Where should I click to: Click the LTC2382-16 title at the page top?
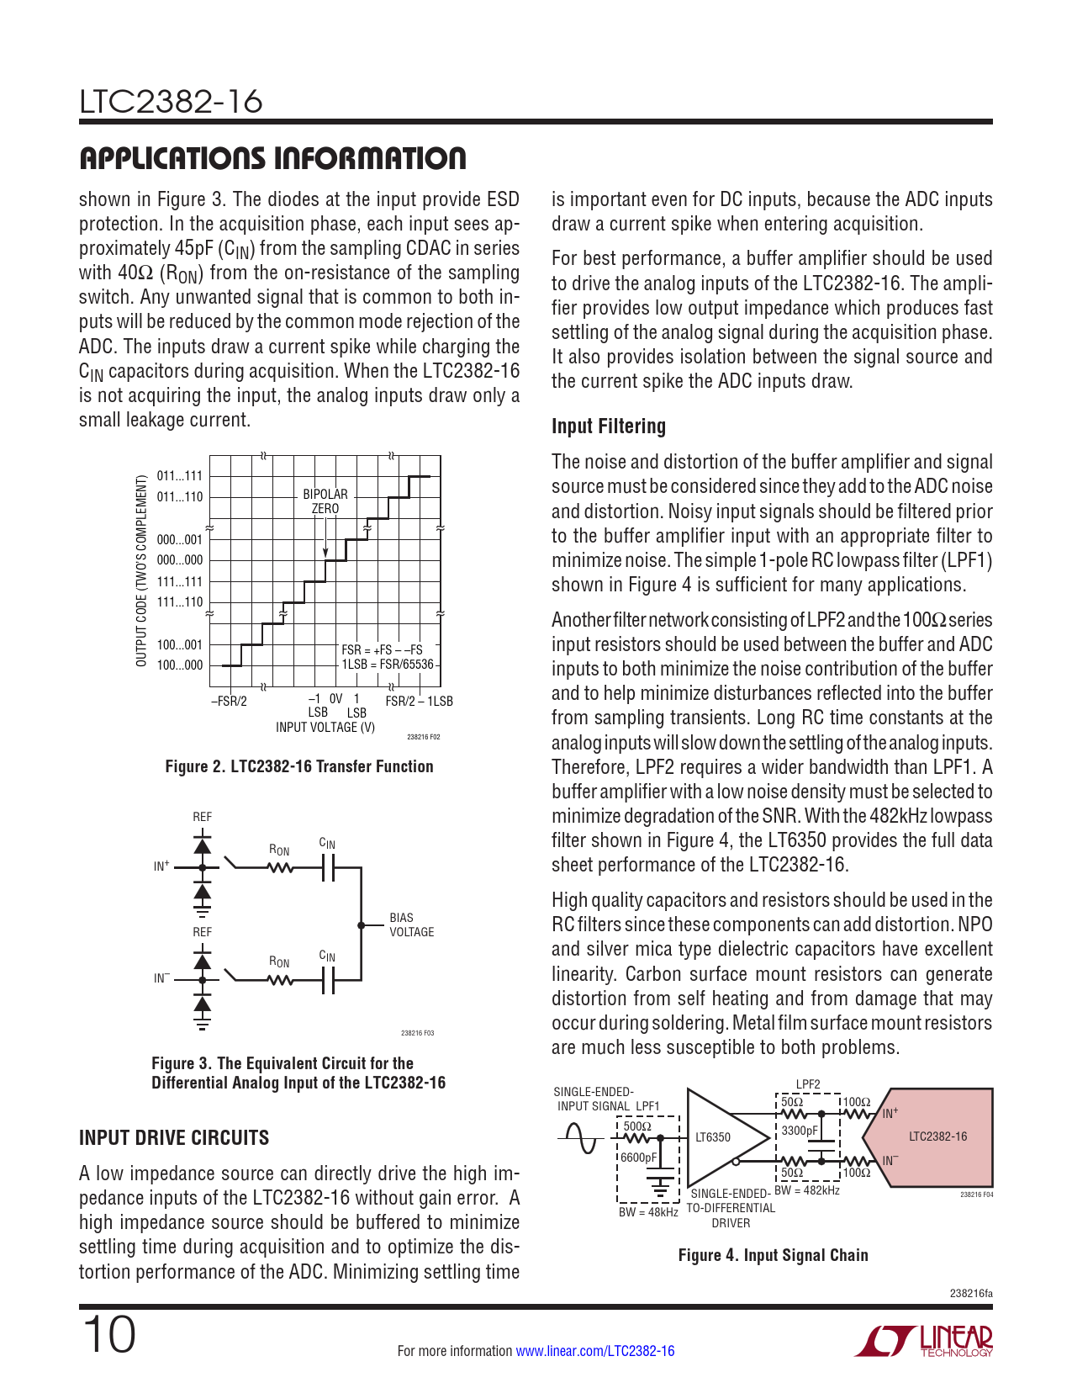point(171,102)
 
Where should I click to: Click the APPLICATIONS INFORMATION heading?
point(272,158)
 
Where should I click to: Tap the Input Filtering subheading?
point(608,426)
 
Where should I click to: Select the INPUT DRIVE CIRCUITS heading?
point(174,1138)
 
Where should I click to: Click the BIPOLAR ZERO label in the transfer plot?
point(325,501)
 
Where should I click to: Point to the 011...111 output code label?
point(180,476)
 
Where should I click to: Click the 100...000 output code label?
point(180,665)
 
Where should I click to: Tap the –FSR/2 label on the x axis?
point(229,702)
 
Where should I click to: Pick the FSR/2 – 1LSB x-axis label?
point(419,702)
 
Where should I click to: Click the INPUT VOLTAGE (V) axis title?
point(325,727)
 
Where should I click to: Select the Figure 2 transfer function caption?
point(299,766)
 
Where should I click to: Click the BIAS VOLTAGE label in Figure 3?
point(411,924)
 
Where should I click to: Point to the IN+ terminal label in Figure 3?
point(161,866)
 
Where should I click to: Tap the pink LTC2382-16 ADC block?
point(938,1136)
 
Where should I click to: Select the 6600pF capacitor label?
point(639,1158)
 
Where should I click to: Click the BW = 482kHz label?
point(806,1190)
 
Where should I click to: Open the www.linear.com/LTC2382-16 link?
point(594,1351)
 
